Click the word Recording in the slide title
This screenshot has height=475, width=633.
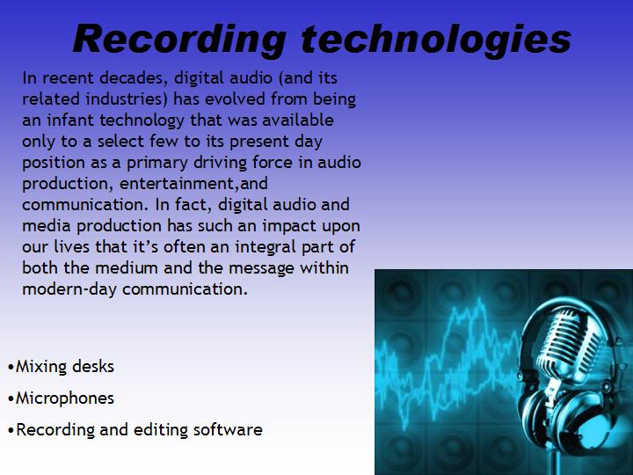[x=179, y=39]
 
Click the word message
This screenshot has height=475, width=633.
[x=267, y=268]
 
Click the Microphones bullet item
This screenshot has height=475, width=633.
[x=64, y=398]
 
